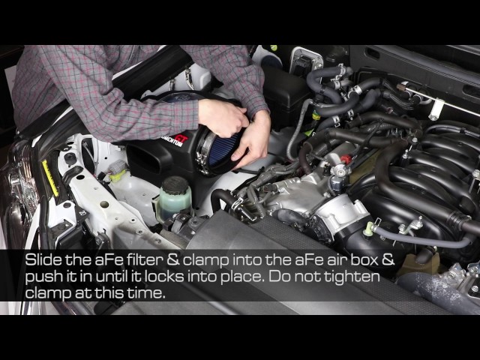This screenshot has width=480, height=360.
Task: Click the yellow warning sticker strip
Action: pyautogui.click(x=50, y=178)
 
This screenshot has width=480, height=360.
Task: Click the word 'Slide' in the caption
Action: pyautogui.click(x=43, y=259)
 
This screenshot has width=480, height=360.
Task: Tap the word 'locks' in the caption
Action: pyautogui.click(x=163, y=277)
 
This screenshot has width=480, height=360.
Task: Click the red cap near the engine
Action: pyautogui.click(x=345, y=159)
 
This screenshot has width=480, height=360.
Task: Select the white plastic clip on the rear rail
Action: pyautogui.click(x=436, y=109)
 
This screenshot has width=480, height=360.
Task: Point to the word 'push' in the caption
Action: pyautogui.click(x=43, y=277)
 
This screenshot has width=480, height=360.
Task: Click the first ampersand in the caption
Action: pyautogui.click(x=173, y=259)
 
